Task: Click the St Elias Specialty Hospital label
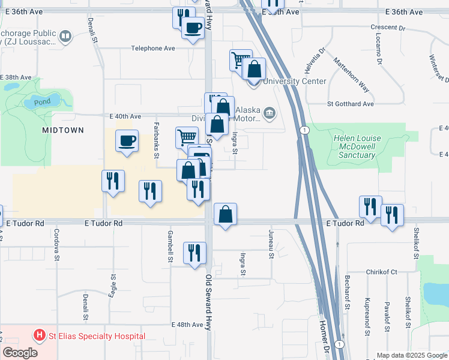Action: (97, 336)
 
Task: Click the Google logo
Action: (20, 353)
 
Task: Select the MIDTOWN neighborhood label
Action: (62, 130)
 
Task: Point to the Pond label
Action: (42, 101)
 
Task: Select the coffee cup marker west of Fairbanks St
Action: (127, 142)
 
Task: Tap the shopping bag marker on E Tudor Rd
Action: (225, 215)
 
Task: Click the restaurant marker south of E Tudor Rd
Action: (194, 253)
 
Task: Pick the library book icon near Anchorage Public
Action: (65, 38)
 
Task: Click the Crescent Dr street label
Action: (388, 28)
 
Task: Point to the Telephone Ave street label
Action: (153, 48)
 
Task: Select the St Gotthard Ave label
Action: (351, 104)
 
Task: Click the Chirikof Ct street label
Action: (382, 272)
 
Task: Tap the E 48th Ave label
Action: (187, 325)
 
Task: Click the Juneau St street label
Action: (271, 247)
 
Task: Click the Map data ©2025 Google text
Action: (411, 355)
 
